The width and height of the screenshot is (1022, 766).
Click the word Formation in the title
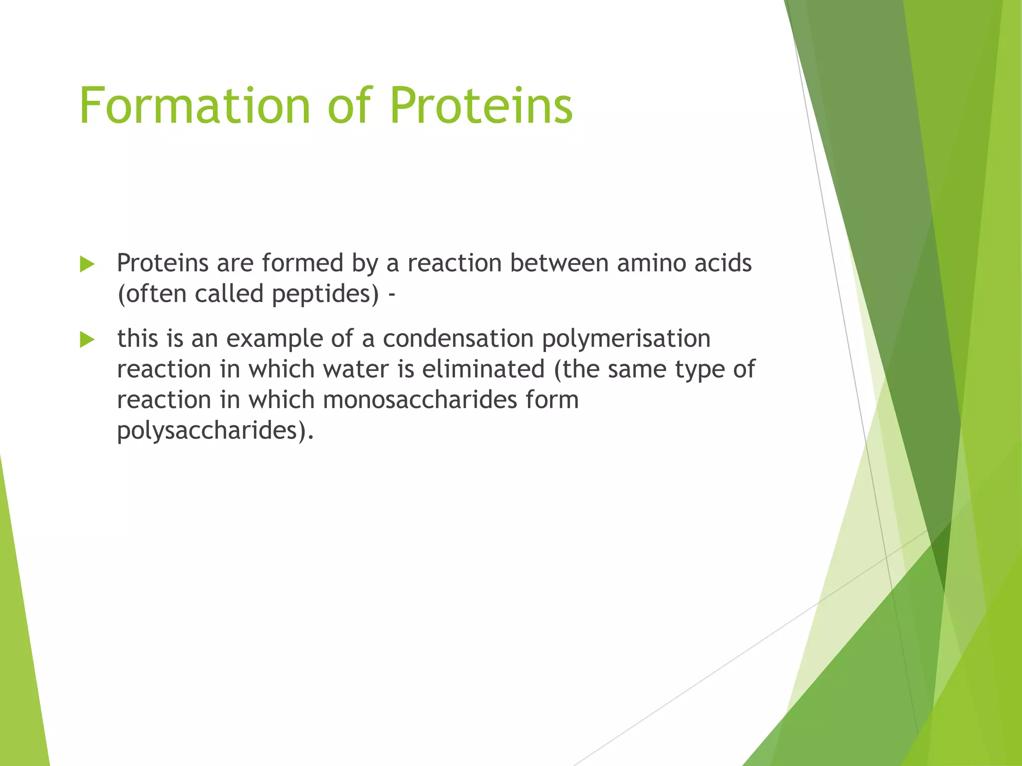pyautogui.click(x=195, y=106)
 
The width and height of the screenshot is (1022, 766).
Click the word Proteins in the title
pyautogui.click(x=481, y=106)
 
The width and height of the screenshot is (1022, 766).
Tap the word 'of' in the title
pyautogui.click(x=350, y=106)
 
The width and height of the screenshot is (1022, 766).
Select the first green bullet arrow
pyautogui.click(x=87, y=264)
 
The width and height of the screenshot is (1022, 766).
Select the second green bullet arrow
pyautogui.click(x=87, y=340)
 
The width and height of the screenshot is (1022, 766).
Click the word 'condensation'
pyautogui.click(x=458, y=339)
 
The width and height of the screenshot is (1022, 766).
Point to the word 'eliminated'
pyautogui.click(x=483, y=370)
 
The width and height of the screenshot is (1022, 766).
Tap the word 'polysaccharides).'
pyautogui.click(x=216, y=431)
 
